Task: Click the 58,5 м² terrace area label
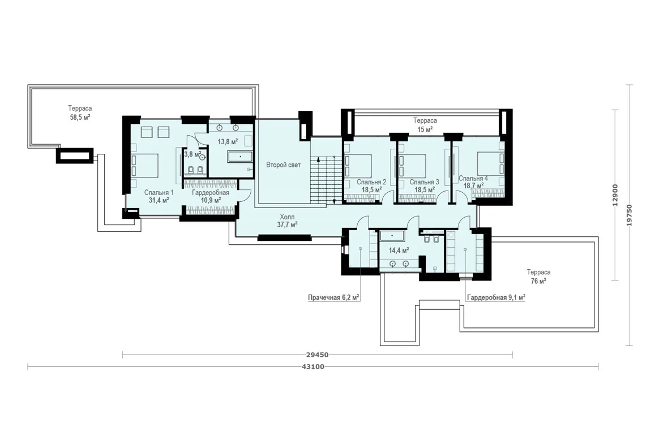tap(80, 113)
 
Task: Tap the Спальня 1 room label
tap(159, 196)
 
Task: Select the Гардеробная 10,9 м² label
tap(211, 196)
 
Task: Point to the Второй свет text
tap(284, 165)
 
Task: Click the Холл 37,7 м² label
tap(288, 221)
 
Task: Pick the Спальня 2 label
tap(371, 185)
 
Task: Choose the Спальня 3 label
tap(425, 185)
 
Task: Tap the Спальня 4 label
tap(473, 182)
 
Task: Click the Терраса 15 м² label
tap(425, 125)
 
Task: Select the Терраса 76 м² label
tap(539, 276)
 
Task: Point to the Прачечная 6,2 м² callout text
tap(333, 297)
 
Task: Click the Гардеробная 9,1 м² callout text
tap(496, 297)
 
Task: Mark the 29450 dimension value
tap(317, 355)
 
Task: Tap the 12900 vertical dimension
tap(616, 195)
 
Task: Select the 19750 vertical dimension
tap(630, 215)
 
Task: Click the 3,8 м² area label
tap(192, 154)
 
